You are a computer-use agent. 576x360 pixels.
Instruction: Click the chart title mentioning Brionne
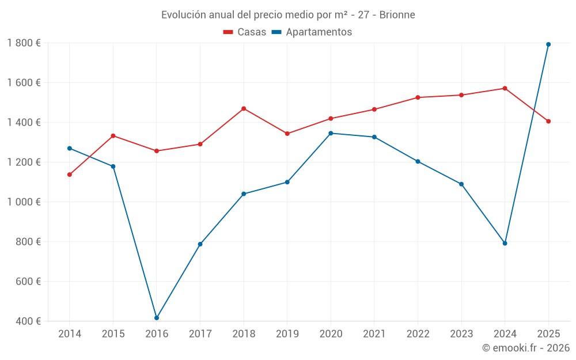[x=288, y=14]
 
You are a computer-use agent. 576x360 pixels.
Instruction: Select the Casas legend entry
[x=245, y=32]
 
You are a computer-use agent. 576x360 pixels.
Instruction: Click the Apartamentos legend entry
[x=312, y=32]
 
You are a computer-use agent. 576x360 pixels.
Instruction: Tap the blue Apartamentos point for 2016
[x=157, y=318]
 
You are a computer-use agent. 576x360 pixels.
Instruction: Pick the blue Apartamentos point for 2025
[x=548, y=44]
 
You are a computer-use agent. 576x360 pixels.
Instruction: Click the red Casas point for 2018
[x=244, y=108]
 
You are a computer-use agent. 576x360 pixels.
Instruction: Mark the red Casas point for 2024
[x=505, y=88]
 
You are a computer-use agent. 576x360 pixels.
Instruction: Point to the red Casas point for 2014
[x=70, y=175]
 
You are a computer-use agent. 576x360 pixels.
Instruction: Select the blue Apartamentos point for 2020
[x=331, y=133]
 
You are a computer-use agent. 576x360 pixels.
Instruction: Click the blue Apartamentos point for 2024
[x=505, y=243]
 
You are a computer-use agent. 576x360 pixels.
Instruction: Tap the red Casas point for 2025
[x=548, y=121]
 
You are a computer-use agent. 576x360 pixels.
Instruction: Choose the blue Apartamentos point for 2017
[x=200, y=244]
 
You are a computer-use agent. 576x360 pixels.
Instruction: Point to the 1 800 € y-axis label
[x=24, y=43]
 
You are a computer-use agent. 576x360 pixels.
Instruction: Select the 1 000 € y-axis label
[x=24, y=202]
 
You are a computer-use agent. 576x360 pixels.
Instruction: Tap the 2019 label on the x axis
[x=287, y=334]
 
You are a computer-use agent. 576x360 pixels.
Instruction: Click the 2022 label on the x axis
[x=418, y=334]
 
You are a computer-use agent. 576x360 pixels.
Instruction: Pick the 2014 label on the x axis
[x=70, y=334]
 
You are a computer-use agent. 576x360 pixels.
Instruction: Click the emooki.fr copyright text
[x=525, y=348]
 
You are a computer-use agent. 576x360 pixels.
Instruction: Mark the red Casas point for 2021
[x=374, y=109]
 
